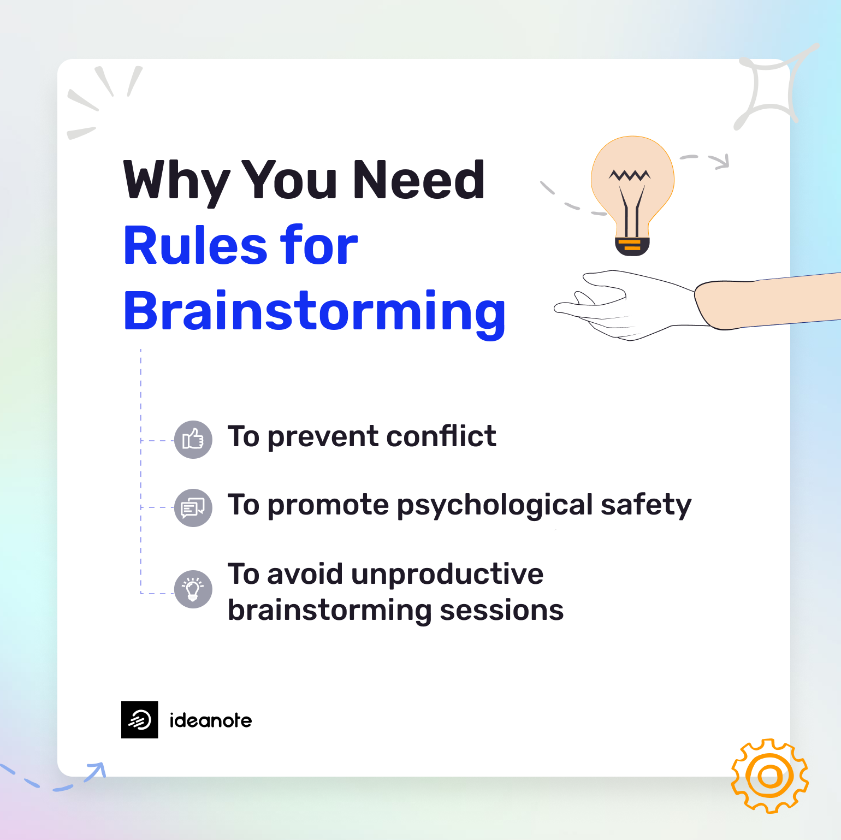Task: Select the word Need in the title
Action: (x=418, y=180)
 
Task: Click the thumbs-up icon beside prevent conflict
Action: (x=193, y=439)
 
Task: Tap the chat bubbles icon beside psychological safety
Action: (x=193, y=507)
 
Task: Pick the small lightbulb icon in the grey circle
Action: (x=193, y=589)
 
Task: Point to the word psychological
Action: (x=495, y=506)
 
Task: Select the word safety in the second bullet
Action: (x=645, y=506)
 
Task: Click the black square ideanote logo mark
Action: (x=140, y=720)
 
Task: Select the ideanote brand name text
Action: (x=211, y=720)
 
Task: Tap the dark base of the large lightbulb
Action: (x=632, y=247)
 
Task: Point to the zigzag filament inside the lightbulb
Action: (x=630, y=175)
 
